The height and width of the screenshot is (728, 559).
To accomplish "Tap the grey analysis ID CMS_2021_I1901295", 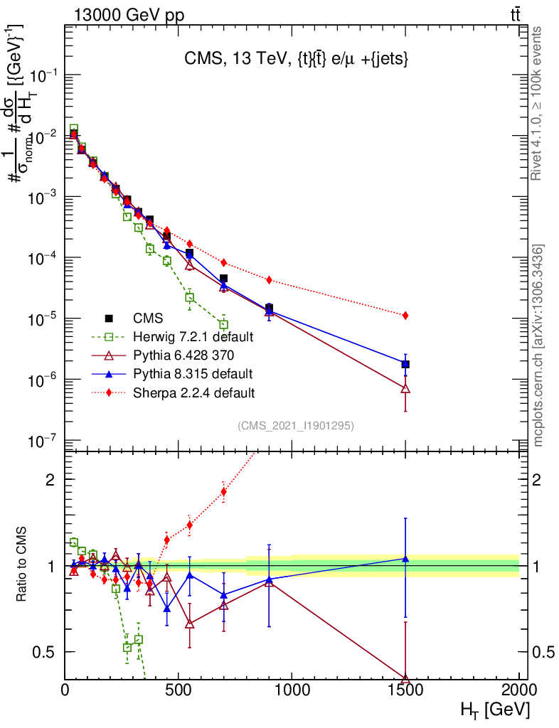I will [x=295, y=426].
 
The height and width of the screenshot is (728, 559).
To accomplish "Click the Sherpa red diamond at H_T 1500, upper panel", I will [x=405, y=315].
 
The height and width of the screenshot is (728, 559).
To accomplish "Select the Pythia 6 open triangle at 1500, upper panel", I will [x=405, y=389].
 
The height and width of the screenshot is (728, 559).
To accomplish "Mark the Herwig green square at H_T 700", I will [x=223, y=325].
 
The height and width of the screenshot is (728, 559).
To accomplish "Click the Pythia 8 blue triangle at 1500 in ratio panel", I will [x=405, y=559].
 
